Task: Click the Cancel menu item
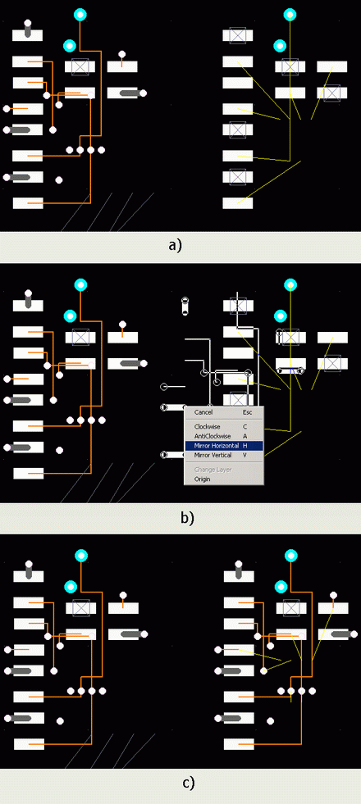[x=203, y=411]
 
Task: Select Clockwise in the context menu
[x=208, y=427]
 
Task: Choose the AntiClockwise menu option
[x=212, y=436]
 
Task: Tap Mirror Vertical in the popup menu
[x=212, y=455]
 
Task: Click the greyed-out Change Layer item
[x=212, y=470]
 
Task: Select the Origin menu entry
[x=203, y=479]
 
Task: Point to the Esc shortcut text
[x=247, y=411]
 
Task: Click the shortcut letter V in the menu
[x=244, y=455]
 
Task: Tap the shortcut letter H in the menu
[x=245, y=446]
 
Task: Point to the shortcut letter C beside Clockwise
[x=245, y=427]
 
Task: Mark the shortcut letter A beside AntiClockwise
[x=245, y=436]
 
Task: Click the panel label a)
[x=175, y=245]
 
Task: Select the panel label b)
[x=188, y=517]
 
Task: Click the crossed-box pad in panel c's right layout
[x=292, y=608]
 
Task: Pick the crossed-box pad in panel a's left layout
[x=80, y=66]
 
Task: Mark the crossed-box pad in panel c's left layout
[x=81, y=608]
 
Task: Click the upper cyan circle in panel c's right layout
[x=291, y=556]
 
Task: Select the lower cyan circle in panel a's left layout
[x=70, y=46]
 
